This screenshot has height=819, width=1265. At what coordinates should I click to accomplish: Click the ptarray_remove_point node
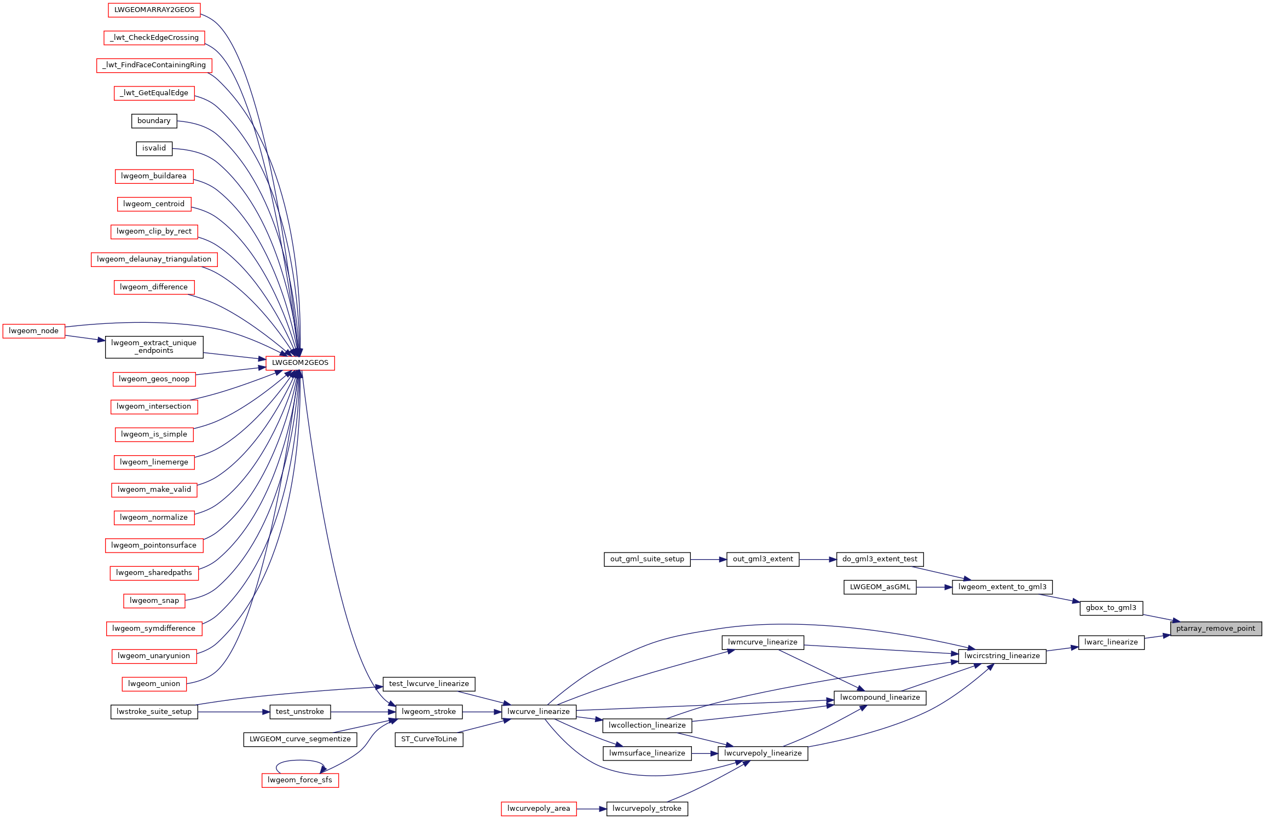click(1216, 629)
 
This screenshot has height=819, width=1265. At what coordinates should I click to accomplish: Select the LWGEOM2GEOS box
click(300, 363)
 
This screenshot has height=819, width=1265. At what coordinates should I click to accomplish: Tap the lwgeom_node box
click(34, 331)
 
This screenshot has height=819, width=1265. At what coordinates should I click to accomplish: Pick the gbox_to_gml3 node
click(1111, 608)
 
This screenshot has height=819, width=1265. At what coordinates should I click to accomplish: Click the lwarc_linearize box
click(1111, 642)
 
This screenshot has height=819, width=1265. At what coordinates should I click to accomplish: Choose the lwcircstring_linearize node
click(1002, 656)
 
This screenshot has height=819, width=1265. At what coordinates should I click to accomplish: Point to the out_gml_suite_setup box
click(647, 559)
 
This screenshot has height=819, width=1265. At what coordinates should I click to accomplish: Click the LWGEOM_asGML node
click(880, 587)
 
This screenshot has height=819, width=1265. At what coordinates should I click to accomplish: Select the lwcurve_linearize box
click(539, 712)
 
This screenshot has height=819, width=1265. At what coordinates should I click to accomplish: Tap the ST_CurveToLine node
click(429, 739)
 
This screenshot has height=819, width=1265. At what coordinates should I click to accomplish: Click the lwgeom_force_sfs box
click(300, 780)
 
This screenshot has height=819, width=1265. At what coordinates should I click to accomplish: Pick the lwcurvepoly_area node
click(539, 809)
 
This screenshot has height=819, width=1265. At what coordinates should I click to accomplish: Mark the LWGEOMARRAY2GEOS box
click(154, 10)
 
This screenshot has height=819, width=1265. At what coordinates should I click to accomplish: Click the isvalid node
click(154, 148)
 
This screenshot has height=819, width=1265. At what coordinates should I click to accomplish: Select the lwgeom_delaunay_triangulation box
click(154, 259)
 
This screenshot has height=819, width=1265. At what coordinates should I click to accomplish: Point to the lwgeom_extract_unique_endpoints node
click(154, 347)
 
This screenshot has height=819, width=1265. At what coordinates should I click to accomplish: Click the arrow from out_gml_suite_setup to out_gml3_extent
click(708, 560)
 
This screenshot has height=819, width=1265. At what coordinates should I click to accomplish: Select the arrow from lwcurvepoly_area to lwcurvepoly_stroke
click(591, 809)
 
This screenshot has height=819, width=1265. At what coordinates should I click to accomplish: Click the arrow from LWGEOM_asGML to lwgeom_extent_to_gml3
click(934, 587)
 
